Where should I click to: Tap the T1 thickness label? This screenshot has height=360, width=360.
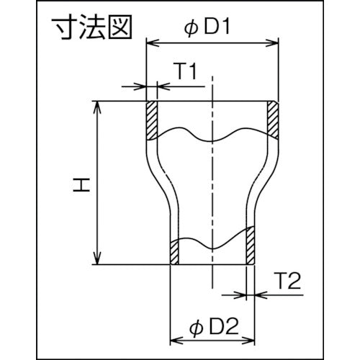coord(185,71)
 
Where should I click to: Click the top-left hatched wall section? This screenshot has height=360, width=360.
coord(152,120)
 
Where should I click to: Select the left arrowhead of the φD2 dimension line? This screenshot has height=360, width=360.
coord(174,338)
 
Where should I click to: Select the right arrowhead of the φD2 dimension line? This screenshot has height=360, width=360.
coord(252,338)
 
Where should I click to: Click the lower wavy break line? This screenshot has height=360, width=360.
coord(212,243)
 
